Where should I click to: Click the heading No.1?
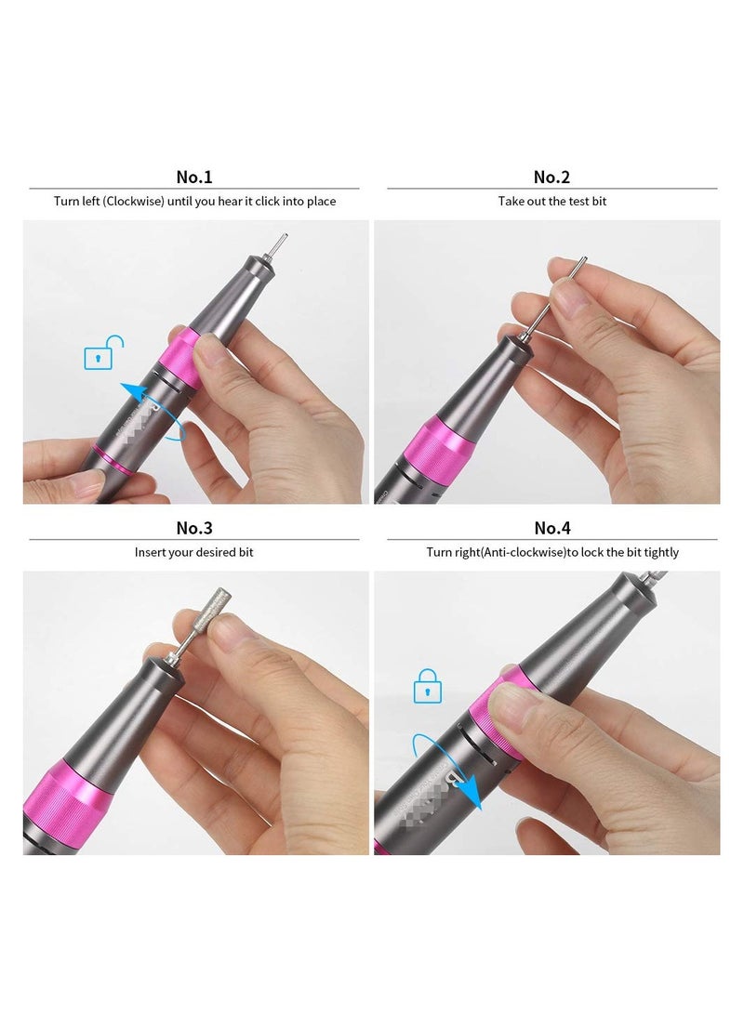tap(194, 177)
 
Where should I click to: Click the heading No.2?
tap(551, 177)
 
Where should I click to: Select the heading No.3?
tap(194, 528)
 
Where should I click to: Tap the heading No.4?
tap(551, 528)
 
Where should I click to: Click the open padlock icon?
tap(103, 355)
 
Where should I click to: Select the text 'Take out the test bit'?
tap(551, 201)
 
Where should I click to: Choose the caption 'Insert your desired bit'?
tap(194, 552)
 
